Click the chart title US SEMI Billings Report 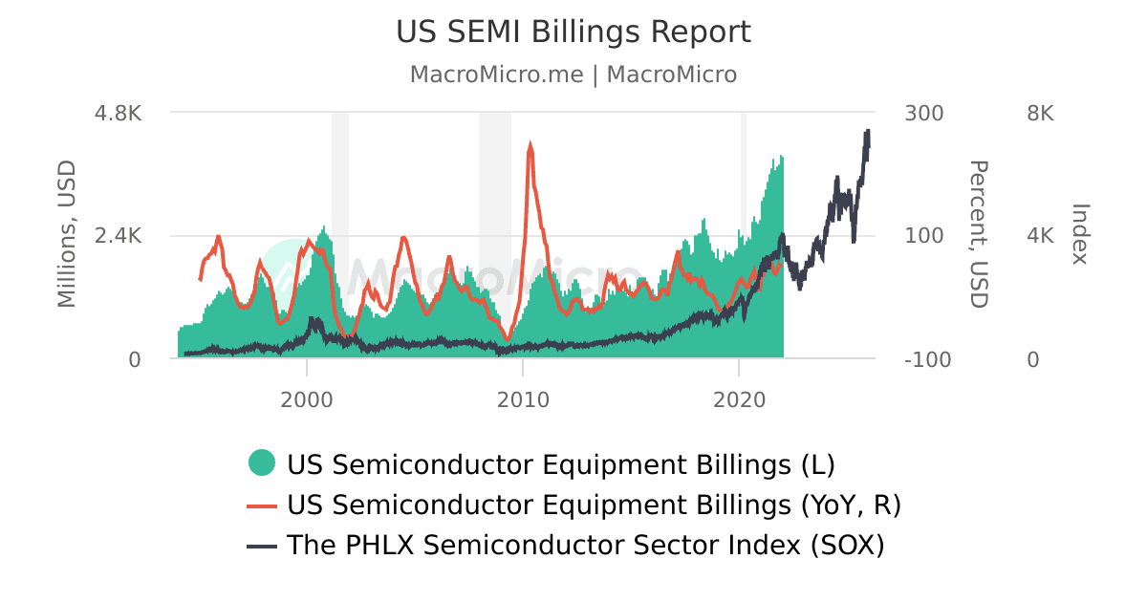pos(573,32)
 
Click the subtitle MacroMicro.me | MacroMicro pos(573,75)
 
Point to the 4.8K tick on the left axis pos(118,113)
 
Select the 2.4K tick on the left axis pos(118,236)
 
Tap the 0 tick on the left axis pos(135,359)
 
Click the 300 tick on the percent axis pos(923,113)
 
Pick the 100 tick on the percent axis pos(923,236)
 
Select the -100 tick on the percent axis pos(926,359)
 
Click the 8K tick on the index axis pos(1040,113)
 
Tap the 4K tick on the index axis pos(1040,236)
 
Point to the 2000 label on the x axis pos(307,399)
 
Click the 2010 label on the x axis pos(523,399)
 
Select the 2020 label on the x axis pos(739,399)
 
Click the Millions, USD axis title pos(66,235)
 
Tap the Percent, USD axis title pos(978,235)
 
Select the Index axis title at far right pos(1081,235)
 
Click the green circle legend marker pos(262,463)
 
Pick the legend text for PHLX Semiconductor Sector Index pos(586,545)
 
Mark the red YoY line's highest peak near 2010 pos(530,146)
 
